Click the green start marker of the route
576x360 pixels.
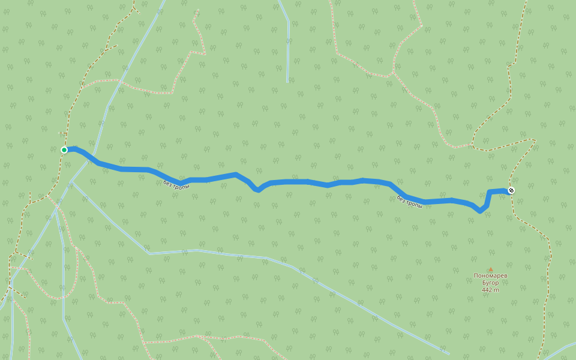pos(64,149)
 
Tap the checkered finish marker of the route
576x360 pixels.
pos(511,190)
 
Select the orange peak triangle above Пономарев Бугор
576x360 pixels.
pos(490,269)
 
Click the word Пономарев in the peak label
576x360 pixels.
pos(490,276)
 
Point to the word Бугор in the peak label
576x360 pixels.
pos(490,283)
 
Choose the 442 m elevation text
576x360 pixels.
pos(490,290)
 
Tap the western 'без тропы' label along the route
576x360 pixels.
pos(176,184)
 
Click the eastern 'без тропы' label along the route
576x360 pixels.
pos(409,202)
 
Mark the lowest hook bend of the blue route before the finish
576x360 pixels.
pos(479,211)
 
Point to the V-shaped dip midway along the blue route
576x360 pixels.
pos(257,189)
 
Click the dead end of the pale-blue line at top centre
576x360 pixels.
pos(288,82)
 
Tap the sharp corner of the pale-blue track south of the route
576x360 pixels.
pos(149,253)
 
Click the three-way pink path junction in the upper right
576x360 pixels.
pos(392,74)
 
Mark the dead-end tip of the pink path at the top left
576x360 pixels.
pos(196,10)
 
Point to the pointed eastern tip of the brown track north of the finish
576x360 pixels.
pos(534,140)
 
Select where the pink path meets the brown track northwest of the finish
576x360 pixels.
pos(472,145)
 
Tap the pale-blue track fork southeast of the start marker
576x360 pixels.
pos(71,181)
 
